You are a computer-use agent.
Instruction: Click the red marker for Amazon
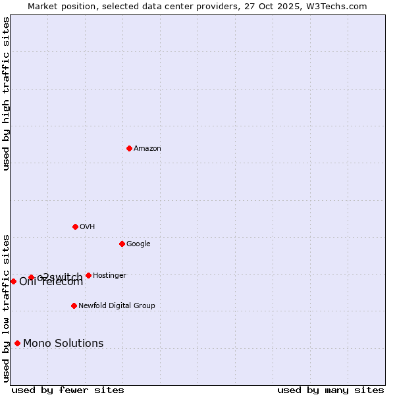tap(129, 148)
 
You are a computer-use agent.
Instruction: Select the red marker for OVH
tap(75, 226)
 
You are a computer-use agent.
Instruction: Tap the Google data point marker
tap(122, 244)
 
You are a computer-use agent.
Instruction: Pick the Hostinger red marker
tap(88, 275)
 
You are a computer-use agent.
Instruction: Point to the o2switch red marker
tap(31, 277)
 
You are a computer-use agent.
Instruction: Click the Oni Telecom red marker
tap(13, 281)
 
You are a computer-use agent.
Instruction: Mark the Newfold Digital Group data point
tap(74, 305)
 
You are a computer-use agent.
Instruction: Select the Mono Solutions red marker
tap(17, 343)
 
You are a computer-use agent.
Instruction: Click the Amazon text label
tap(147, 149)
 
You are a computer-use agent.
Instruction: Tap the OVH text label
tap(88, 227)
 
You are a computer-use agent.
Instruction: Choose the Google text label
tap(138, 244)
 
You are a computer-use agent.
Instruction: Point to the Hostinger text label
tap(109, 276)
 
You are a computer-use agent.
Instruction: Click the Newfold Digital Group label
tap(117, 306)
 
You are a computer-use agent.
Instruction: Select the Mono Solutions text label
tap(63, 344)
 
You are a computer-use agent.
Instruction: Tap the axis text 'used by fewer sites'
tap(68, 390)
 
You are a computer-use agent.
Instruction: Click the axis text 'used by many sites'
tap(330, 390)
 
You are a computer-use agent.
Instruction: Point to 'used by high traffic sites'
tap(7, 93)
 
